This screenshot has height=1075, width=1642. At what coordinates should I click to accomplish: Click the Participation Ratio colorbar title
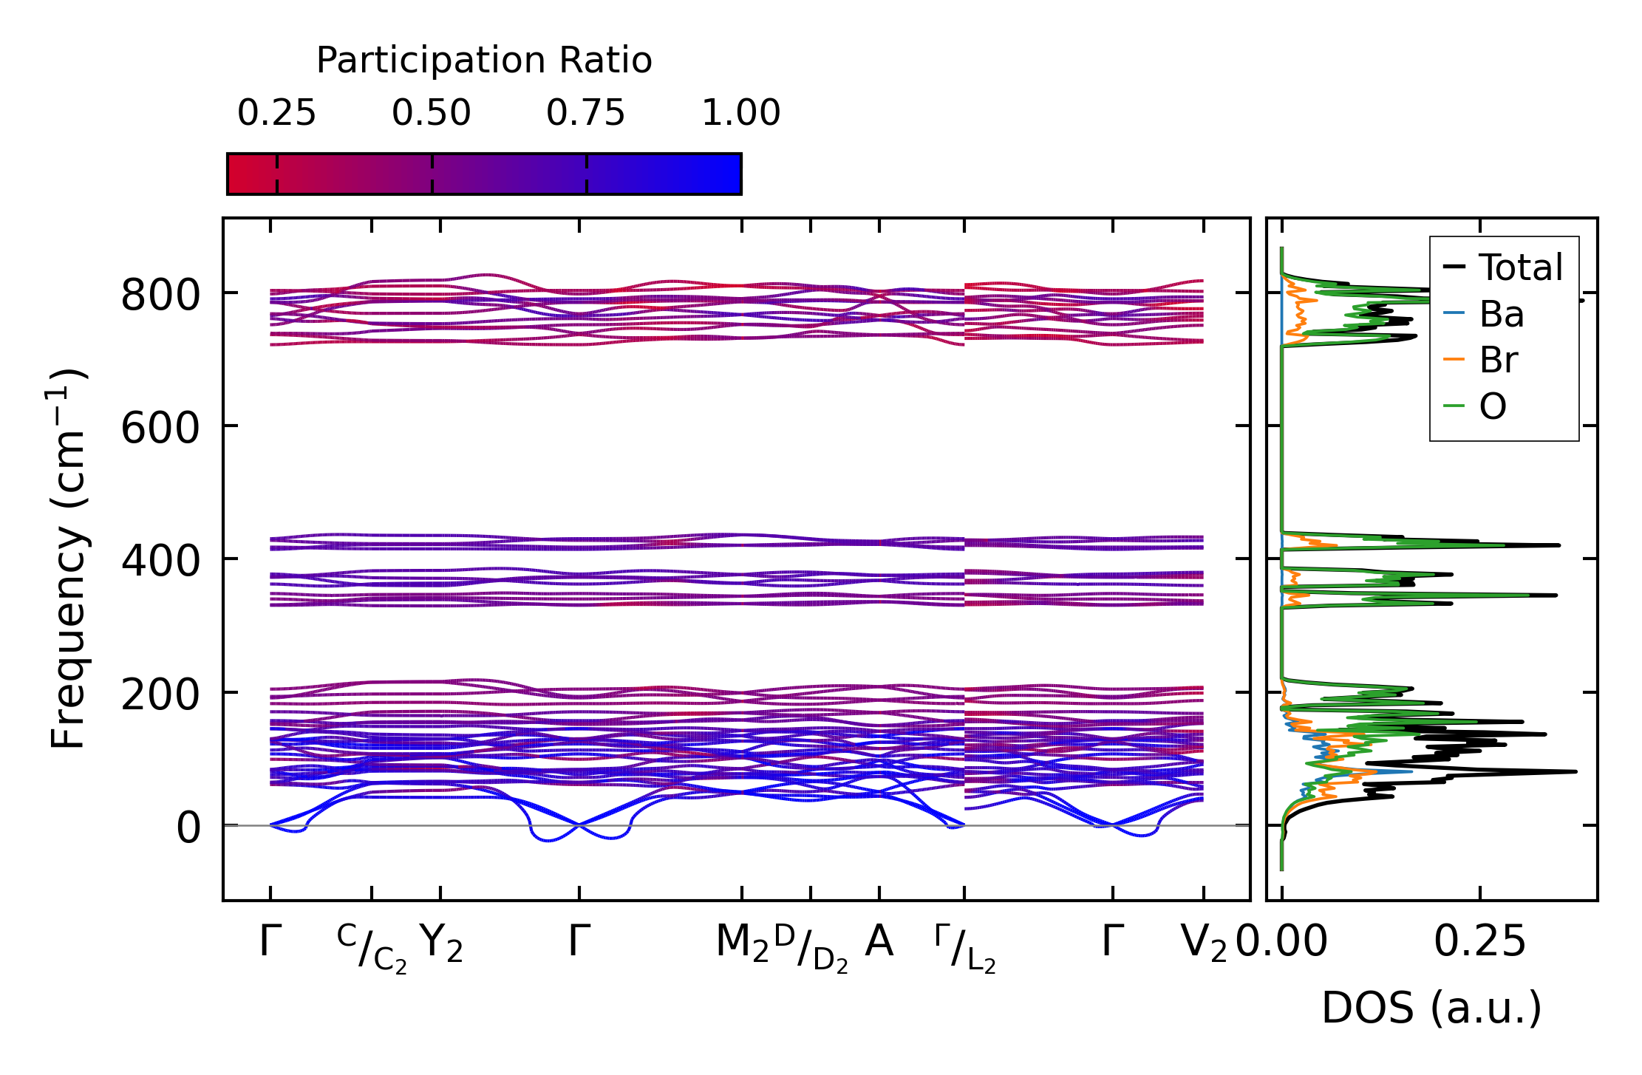484,61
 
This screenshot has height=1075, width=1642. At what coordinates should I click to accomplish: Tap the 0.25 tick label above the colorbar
276,113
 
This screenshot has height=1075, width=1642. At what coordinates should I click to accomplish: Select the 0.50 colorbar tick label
432,113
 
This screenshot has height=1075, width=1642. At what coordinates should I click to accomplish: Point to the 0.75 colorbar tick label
586,113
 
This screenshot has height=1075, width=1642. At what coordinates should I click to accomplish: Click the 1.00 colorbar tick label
740,113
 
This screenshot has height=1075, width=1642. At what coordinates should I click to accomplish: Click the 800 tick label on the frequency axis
160,296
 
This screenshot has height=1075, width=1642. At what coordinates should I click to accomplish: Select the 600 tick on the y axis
160,428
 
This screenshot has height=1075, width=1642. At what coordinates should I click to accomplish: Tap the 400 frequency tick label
160,561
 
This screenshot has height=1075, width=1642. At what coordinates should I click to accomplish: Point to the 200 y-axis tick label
160,695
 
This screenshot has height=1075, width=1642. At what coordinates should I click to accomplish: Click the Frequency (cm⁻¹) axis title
69,559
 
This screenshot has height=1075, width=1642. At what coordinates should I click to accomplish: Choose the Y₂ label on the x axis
441,943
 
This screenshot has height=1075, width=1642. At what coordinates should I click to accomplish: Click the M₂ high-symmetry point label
742,943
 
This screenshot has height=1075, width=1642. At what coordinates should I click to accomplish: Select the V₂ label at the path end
1204,943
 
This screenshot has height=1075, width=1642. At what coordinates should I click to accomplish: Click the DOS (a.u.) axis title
1431,1008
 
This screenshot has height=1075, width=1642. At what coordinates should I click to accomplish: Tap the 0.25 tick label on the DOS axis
1479,942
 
